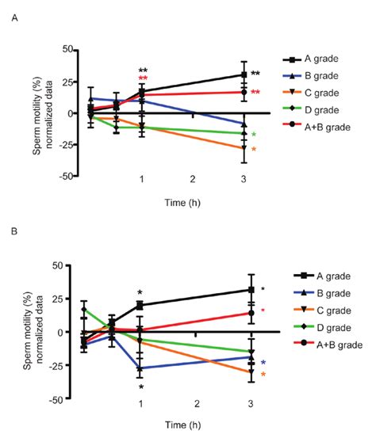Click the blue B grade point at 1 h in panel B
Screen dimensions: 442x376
[141, 368]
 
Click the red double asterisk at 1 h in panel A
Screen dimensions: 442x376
[143, 79]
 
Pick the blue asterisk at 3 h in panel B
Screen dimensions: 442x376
[263, 362]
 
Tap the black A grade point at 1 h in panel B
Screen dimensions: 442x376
[141, 305]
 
